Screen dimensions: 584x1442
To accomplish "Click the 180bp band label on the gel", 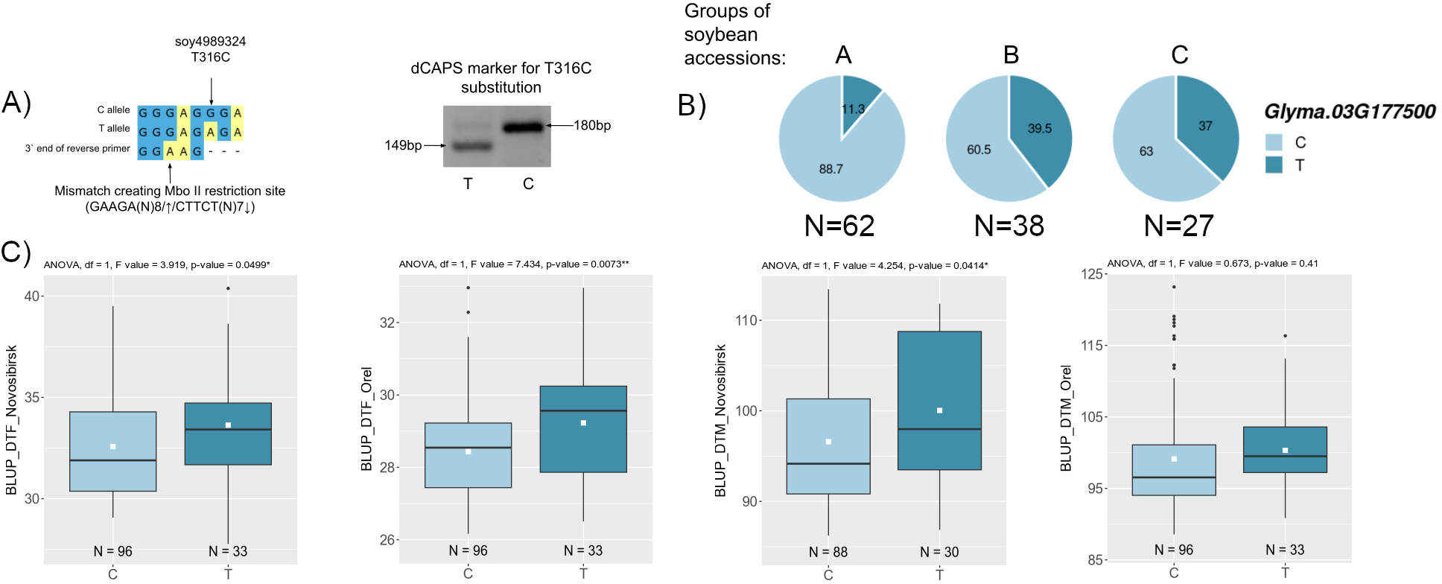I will point(591,125).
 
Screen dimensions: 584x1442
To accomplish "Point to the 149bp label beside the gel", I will point(402,145).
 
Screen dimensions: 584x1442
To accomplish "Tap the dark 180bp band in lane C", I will point(523,127).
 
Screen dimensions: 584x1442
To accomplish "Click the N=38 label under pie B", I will point(1009,226).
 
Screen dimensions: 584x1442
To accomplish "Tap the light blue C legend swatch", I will point(1274,142).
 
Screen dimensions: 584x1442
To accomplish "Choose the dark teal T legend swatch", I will point(1274,165).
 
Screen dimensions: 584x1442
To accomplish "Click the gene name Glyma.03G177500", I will point(1349,112).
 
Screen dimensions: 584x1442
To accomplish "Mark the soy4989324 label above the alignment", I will point(210,42).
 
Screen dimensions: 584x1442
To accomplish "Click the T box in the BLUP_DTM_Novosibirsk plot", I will point(939,400).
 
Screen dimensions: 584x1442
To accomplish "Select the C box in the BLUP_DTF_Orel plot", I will point(468,455).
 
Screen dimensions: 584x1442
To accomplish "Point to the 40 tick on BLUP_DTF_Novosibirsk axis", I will point(32,296).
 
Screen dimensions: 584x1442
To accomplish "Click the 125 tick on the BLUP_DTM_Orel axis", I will point(1091,274).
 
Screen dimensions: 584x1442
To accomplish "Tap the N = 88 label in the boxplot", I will point(828,552).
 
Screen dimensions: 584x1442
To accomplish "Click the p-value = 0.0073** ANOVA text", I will point(588,264).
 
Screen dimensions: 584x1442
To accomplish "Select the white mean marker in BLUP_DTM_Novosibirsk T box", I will point(939,410).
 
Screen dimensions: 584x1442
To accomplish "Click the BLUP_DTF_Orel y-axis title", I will point(366,419).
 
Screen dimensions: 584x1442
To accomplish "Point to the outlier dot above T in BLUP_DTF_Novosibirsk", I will point(228,288).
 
